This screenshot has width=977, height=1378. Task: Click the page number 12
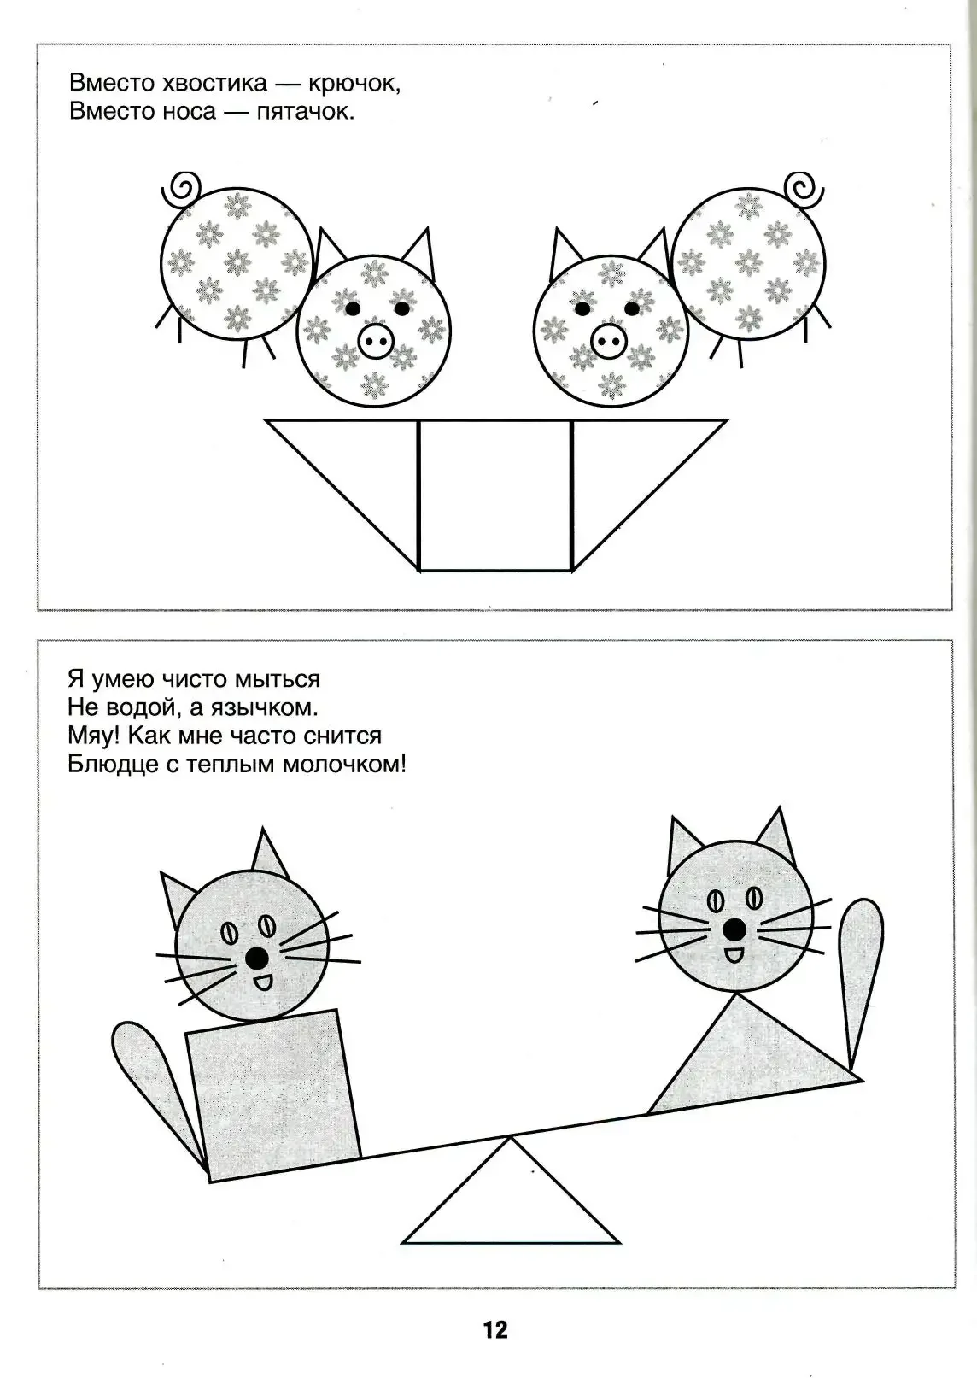(x=495, y=1330)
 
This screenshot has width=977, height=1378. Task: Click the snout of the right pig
(x=609, y=343)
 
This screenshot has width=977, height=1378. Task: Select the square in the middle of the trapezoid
(x=495, y=495)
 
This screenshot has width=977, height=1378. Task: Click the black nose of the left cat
(x=255, y=959)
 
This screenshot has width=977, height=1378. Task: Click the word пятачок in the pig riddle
(x=304, y=112)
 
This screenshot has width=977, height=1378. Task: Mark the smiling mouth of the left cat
(x=262, y=982)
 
